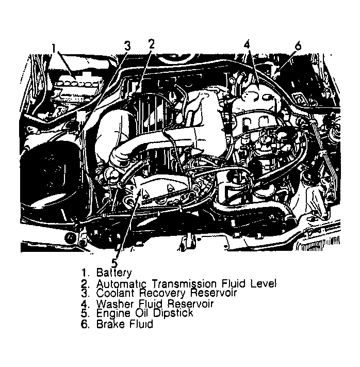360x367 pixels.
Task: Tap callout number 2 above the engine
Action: coord(151,44)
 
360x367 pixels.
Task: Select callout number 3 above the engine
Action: coord(128,45)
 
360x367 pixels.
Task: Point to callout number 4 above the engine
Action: coord(248,44)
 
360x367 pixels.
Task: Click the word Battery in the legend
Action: coord(114,273)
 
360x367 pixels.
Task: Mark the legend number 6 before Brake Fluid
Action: coord(84,325)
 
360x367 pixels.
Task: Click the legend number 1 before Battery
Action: coord(84,273)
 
